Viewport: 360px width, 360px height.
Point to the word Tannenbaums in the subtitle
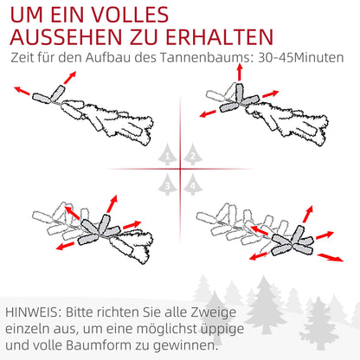click(x=193, y=59)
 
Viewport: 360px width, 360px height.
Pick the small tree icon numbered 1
click(x=168, y=155)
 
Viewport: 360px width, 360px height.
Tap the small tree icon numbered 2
click(x=192, y=155)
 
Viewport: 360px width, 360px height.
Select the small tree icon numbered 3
click(x=168, y=183)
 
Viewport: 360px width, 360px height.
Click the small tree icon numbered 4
click(x=192, y=183)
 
